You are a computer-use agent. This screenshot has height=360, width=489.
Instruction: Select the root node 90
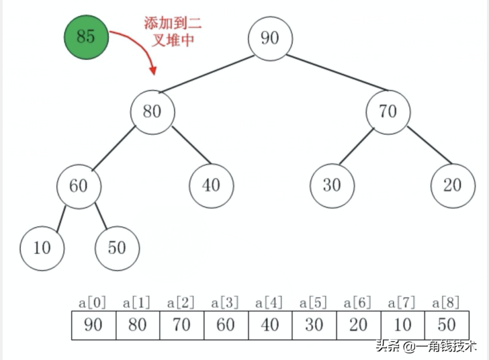(269, 38)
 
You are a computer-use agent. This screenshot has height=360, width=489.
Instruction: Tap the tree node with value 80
(152, 111)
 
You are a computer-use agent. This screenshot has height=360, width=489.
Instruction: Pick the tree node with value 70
(388, 111)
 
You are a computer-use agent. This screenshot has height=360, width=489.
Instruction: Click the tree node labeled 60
(79, 185)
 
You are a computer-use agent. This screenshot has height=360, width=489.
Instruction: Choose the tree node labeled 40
(211, 185)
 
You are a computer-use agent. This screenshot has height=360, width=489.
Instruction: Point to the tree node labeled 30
(332, 185)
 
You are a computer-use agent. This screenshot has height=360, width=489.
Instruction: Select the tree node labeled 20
(453, 185)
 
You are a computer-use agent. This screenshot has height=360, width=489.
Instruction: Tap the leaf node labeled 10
(42, 248)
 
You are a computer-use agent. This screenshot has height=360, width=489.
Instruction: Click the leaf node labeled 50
(117, 248)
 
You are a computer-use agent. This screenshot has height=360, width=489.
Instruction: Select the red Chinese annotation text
(173, 31)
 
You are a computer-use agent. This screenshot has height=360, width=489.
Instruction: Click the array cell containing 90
(94, 325)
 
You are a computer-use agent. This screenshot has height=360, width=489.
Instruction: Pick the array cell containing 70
(182, 325)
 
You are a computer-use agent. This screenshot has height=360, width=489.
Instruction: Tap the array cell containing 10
(402, 325)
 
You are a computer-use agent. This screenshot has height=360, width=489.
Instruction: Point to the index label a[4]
(269, 303)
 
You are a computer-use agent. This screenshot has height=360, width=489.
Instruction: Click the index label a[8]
(446, 303)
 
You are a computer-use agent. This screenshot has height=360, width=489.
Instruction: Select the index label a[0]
(93, 303)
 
